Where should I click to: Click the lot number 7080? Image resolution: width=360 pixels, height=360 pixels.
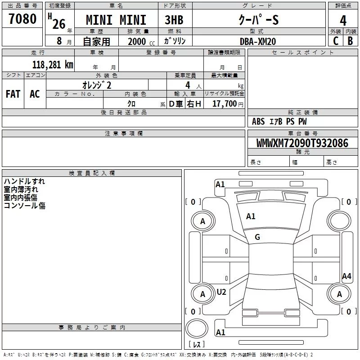point(22,19)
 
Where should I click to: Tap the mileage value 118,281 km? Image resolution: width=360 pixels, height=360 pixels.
point(52,64)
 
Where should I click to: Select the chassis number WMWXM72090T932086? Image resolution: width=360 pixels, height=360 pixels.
point(302,144)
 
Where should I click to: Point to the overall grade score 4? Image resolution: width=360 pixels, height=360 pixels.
point(343,21)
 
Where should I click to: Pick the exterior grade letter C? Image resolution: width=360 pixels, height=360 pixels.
point(335,41)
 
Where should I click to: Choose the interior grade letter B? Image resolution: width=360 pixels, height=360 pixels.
point(351,41)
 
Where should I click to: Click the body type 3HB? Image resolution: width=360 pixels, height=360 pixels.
point(174,21)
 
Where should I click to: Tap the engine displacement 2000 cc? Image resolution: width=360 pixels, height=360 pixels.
point(140,41)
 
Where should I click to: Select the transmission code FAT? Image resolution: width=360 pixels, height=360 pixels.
point(13,94)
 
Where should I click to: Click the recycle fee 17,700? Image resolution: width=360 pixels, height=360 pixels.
point(225,104)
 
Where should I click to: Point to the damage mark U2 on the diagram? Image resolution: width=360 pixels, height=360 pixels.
point(221,292)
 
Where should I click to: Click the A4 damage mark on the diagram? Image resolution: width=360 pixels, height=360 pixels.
point(346,276)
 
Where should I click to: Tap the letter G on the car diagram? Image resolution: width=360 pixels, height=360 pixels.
point(257,237)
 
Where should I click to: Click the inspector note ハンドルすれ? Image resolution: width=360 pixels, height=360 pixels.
point(24,181)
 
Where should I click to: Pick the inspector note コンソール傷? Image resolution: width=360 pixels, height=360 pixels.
point(24,206)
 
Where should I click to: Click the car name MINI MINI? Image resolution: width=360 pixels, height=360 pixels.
point(116,21)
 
